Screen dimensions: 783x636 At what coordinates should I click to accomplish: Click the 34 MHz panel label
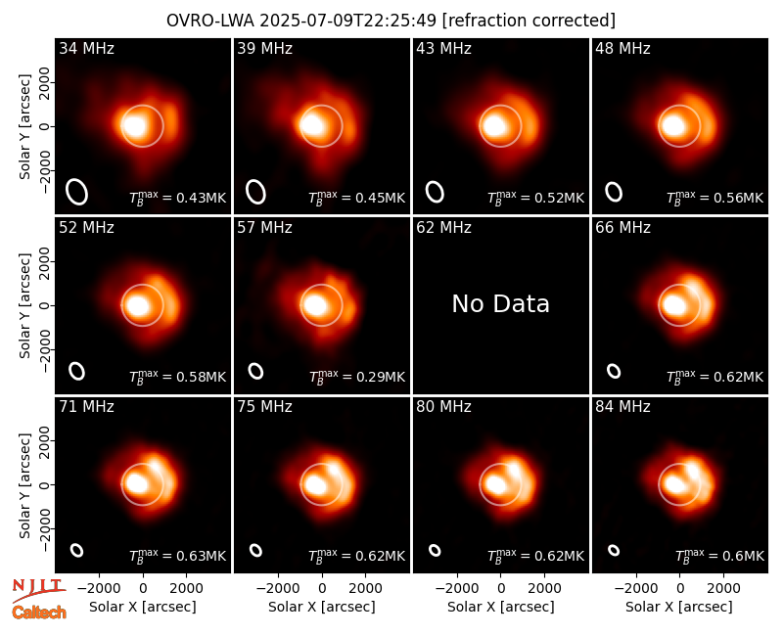[x=86, y=48]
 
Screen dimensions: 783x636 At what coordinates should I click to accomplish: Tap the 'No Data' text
[x=500, y=304]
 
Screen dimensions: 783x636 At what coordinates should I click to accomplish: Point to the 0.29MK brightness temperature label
[x=356, y=377]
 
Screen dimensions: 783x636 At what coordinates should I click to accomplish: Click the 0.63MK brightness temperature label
[x=177, y=556]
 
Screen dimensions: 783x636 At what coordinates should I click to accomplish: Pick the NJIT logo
[x=38, y=589]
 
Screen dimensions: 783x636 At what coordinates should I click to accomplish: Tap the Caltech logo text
[x=39, y=613]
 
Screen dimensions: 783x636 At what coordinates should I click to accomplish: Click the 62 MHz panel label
[x=443, y=228]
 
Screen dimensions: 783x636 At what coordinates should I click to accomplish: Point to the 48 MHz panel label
[x=622, y=48]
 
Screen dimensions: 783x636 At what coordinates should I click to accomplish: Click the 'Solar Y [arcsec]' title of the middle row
[x=24, y=305]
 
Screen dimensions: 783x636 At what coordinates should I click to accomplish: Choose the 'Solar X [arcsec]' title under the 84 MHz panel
[x=679, y=607]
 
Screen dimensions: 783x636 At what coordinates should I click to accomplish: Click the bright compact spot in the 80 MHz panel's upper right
[x=513, y=469]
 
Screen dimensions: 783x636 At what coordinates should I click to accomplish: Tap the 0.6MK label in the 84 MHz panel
[x=719, y=556]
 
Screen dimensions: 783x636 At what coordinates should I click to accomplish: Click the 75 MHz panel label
[x=264, y=407]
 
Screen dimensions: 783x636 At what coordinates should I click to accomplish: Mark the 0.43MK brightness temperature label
[x=177, y=198]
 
